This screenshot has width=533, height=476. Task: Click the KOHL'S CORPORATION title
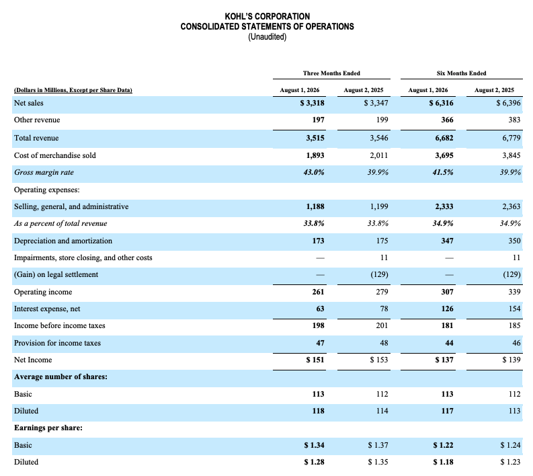point(268,16)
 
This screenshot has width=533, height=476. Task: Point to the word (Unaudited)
point(268,37)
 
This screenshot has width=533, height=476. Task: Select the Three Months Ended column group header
point(331,73)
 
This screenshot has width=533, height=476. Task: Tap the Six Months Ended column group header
point(461,73)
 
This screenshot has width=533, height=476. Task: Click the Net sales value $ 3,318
point(312,103)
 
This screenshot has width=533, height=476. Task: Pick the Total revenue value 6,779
point(511,138)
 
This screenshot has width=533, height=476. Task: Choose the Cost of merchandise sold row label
point(55,155)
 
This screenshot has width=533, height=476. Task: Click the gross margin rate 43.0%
point(314,172)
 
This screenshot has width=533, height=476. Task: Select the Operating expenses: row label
point(47,190)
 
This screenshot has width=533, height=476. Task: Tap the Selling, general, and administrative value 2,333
point(444,206)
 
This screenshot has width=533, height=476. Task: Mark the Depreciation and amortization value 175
point(382,241)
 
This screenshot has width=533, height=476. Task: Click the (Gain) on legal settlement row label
point(56,275)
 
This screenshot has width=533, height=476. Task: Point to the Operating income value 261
point(318,292)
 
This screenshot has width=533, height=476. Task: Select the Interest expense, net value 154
point(515,309)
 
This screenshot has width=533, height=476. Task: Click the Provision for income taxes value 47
point(320,343)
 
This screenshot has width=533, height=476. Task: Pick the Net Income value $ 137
point(444,360)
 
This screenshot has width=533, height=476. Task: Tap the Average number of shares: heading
point(60,376)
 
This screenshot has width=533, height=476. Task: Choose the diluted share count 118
point(318,411)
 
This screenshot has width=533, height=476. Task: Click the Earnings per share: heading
point(48,428)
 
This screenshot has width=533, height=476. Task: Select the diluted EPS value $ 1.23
point(510,462)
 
